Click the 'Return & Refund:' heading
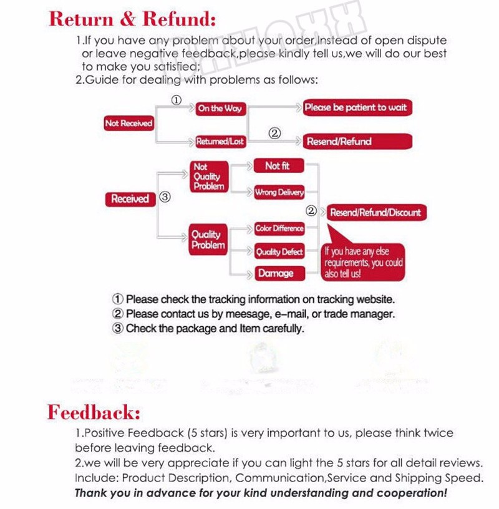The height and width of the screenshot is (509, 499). [x=132, y=19]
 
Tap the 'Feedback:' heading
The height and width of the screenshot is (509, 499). [x=94, y=412]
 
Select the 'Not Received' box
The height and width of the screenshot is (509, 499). [x=128, y=124]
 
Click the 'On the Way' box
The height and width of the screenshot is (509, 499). [x=220, y=109]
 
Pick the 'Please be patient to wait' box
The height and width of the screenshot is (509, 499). [x=356, y=108]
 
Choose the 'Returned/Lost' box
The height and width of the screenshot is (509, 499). [x=220, y=142]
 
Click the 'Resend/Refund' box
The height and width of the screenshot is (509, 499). [x=356, y=142]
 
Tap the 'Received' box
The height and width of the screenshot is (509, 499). [x=130, y=199]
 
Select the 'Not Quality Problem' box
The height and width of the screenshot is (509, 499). [x=208, y=177]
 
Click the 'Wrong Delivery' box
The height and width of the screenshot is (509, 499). [x=279, y=193]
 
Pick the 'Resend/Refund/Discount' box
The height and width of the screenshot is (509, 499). [x=375, y=212]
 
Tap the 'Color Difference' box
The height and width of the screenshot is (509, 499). [x=279, y=228]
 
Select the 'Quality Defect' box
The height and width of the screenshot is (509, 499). [x=279, y=252]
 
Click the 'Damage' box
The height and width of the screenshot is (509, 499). [x=275, y=273]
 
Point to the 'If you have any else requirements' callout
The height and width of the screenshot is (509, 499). [x=364, y=261]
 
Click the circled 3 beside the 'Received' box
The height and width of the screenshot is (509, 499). [x=165, y=198]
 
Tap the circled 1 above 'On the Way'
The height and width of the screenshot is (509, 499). [x=177, y=100]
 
